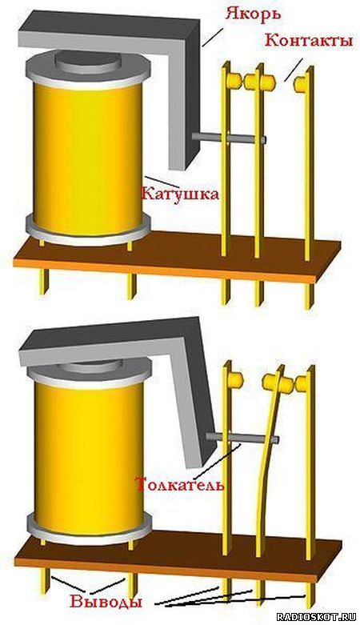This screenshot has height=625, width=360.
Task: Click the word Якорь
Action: [253, 13]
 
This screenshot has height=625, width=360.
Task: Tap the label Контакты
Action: [309, 40]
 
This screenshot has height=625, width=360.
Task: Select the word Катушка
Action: [180, 194]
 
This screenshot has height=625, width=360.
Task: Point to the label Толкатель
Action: [180, 485]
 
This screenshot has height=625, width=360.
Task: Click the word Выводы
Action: [106, 602]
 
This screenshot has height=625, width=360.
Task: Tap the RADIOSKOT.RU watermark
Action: [316, 617]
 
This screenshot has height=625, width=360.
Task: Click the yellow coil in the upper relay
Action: [88, 158]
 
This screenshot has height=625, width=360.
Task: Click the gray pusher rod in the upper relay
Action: [229, 138]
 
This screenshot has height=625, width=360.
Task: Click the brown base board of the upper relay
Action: [178, 255]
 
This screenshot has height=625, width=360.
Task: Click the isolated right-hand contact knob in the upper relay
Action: [300, 83]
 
